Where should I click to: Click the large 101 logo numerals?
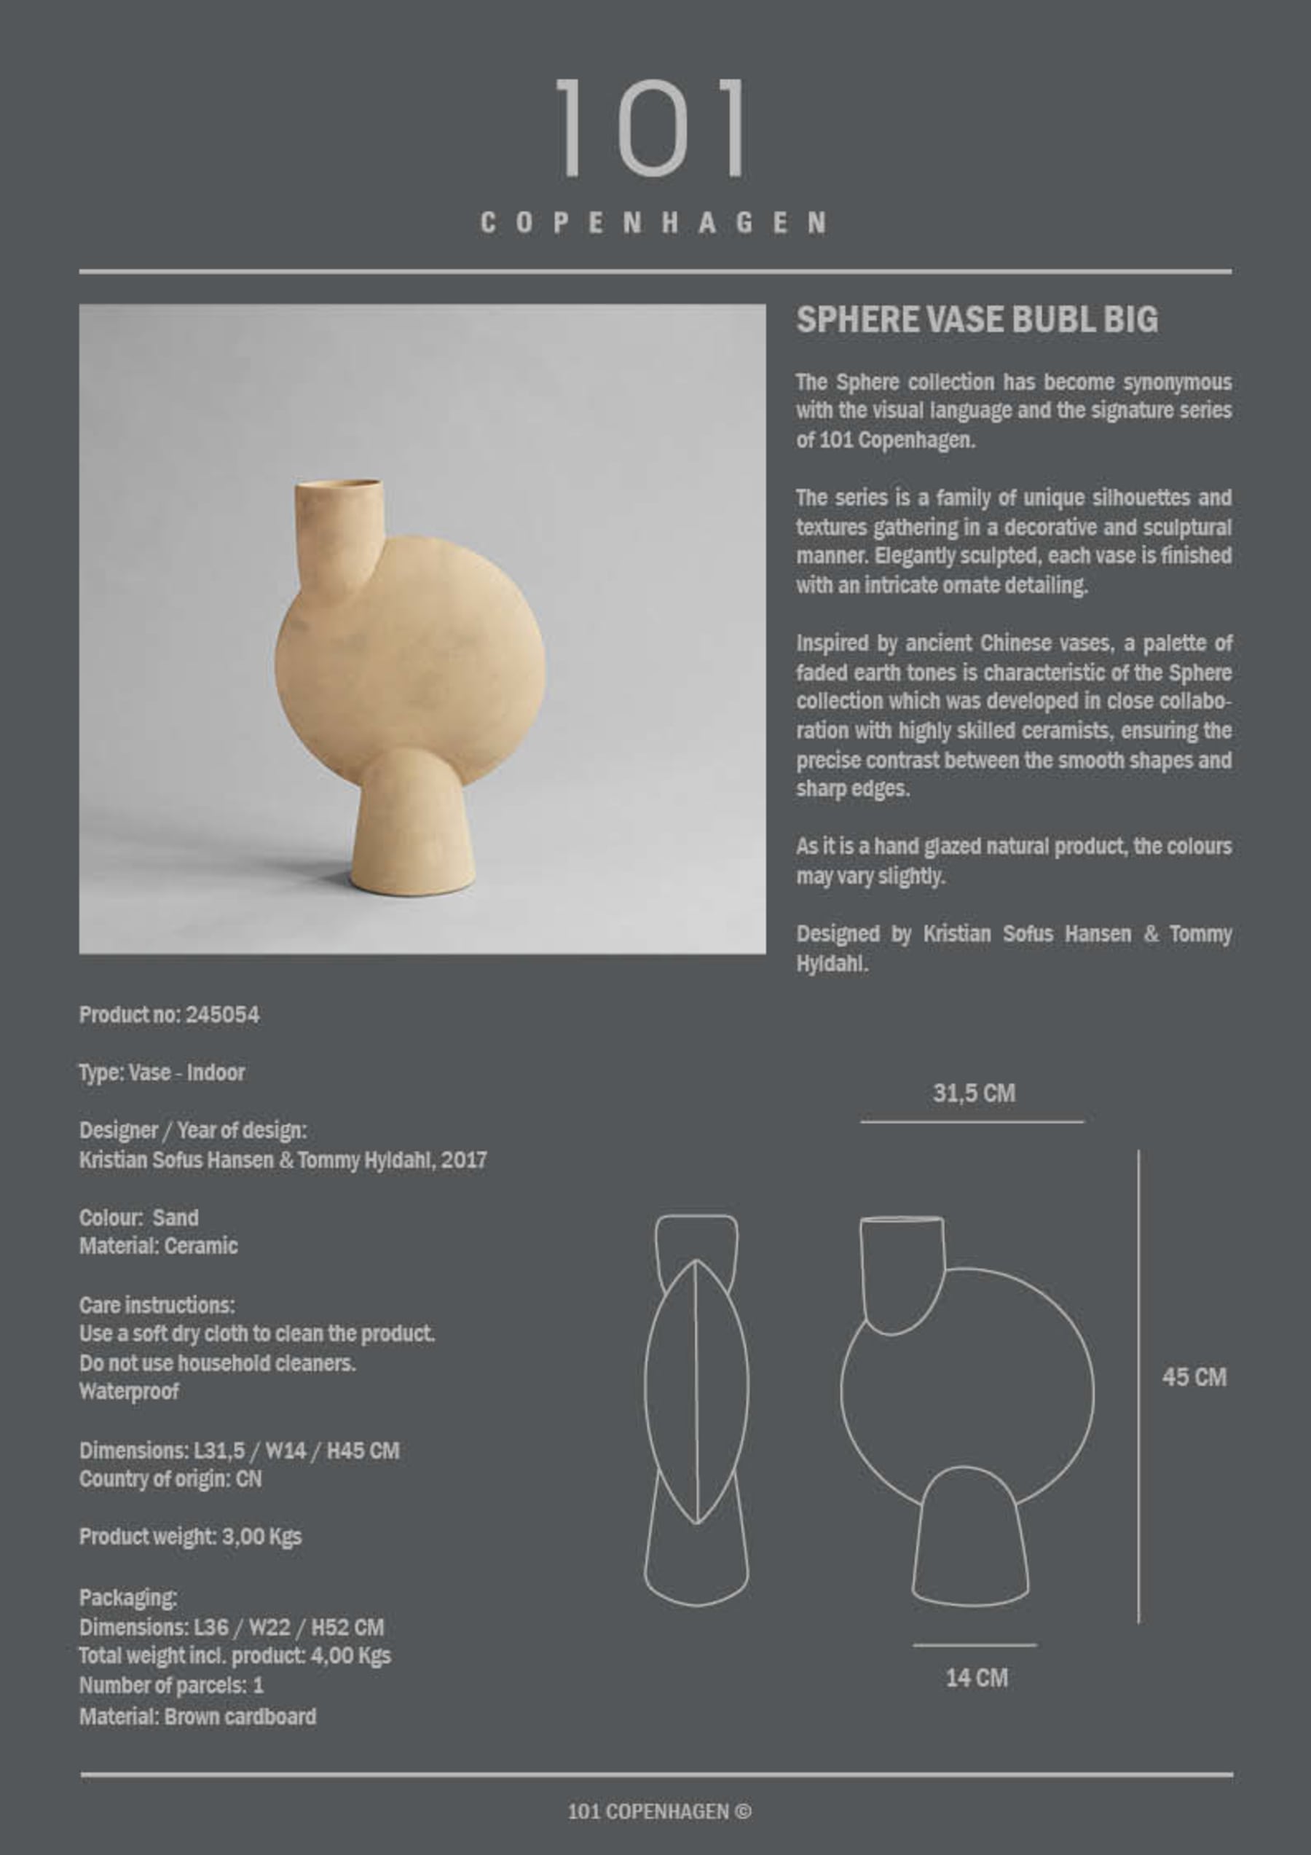650,128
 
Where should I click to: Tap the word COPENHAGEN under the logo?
653,223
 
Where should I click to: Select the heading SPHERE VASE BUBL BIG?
977,320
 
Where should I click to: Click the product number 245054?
222,1015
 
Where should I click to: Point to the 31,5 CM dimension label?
973,1093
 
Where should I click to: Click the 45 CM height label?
1194,1377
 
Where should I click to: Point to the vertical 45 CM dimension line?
1138,1387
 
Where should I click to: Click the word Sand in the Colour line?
176,1217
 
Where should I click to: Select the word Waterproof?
129,1392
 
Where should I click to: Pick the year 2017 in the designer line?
464,1160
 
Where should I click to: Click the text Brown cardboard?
240,1716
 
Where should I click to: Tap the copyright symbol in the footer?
743,1811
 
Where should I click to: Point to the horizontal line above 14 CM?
975,1644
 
